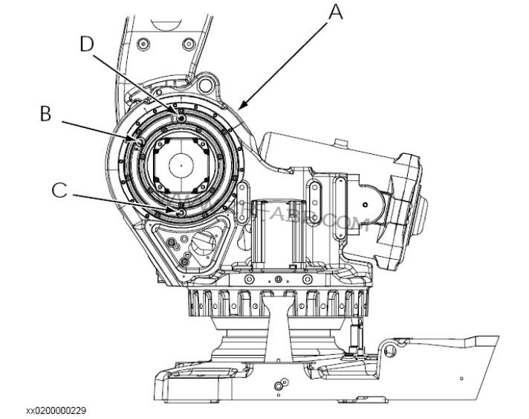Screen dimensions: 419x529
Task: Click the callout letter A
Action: click(336, 12)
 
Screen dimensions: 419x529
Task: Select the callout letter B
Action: click(45, 114)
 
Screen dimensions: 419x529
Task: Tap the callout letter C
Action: click(59, 190)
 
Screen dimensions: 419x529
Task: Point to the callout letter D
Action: click(88, 44)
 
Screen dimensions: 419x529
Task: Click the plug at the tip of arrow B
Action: click(139, 138)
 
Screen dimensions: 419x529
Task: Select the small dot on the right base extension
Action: click(461, 379)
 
